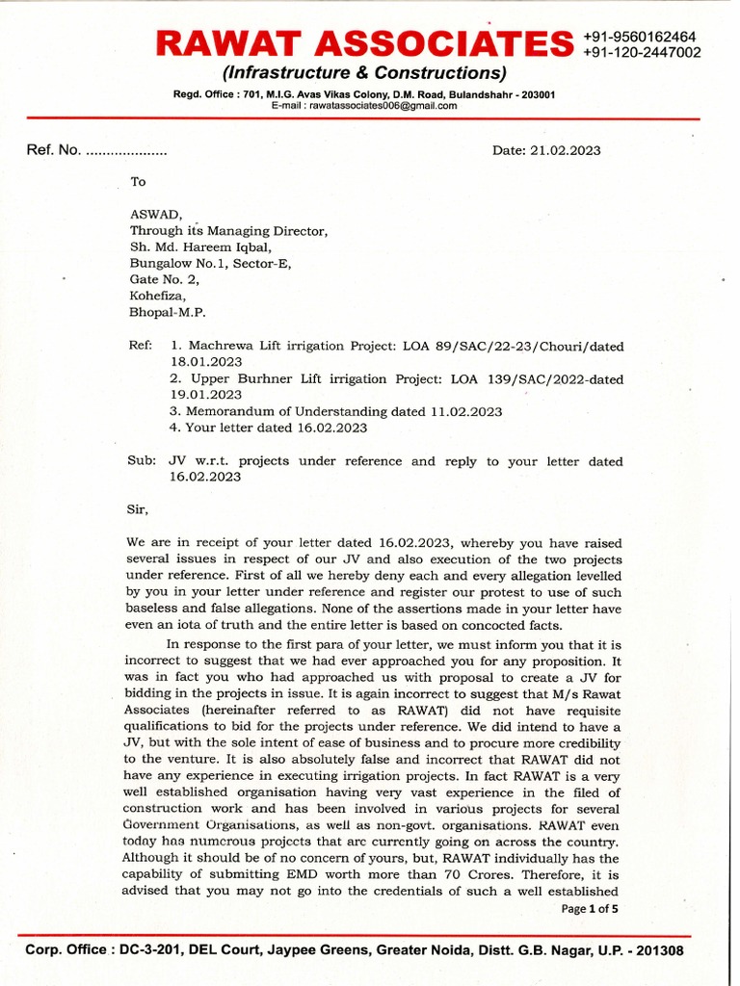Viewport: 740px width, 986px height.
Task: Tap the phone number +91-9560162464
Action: (640, 37)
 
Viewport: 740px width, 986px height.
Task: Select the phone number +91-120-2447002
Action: (642, 53)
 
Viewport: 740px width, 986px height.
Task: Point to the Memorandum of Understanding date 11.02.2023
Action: (468, 411)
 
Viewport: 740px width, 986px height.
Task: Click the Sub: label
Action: (142, 461)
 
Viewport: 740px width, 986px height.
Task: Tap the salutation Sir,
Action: (140, 507)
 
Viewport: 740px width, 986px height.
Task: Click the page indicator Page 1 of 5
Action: (590, 908)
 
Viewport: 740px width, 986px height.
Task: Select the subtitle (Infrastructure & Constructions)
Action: (364, 73)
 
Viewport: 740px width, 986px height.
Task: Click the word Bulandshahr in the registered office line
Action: (474, 94)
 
